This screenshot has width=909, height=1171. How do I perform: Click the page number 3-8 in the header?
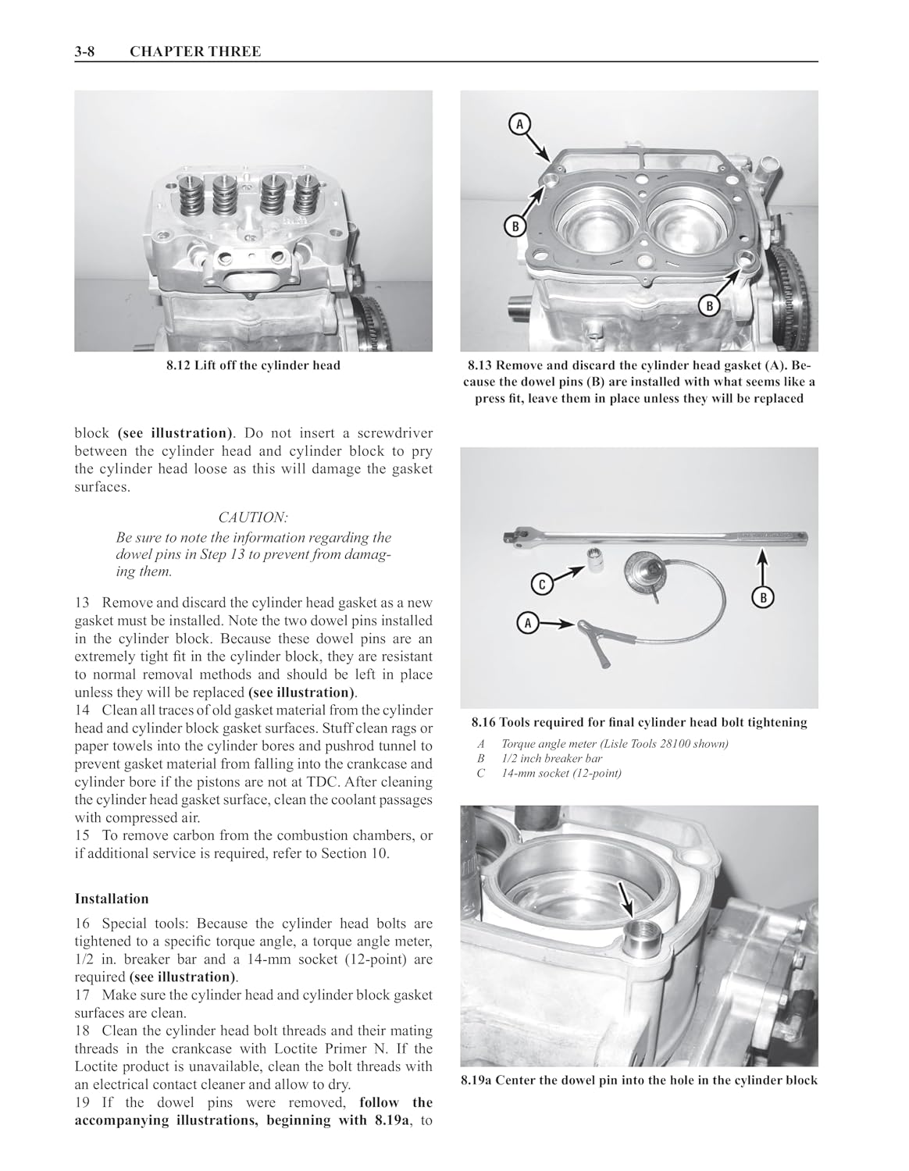click(84, 52)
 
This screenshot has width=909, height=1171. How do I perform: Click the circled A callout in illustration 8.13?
click(519, 124)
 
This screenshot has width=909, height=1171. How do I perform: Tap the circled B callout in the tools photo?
click(763, 597)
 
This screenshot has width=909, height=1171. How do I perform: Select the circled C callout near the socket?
click(542, 585)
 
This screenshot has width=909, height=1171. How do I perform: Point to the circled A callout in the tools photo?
click(527, 624)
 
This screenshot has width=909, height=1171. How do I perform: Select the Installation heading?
click(112, 899)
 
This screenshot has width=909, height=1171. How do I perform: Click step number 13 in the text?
click(82, 603)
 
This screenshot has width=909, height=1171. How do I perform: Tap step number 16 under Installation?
click(82, 923)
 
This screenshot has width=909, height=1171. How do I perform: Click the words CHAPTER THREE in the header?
click(195, 52)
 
